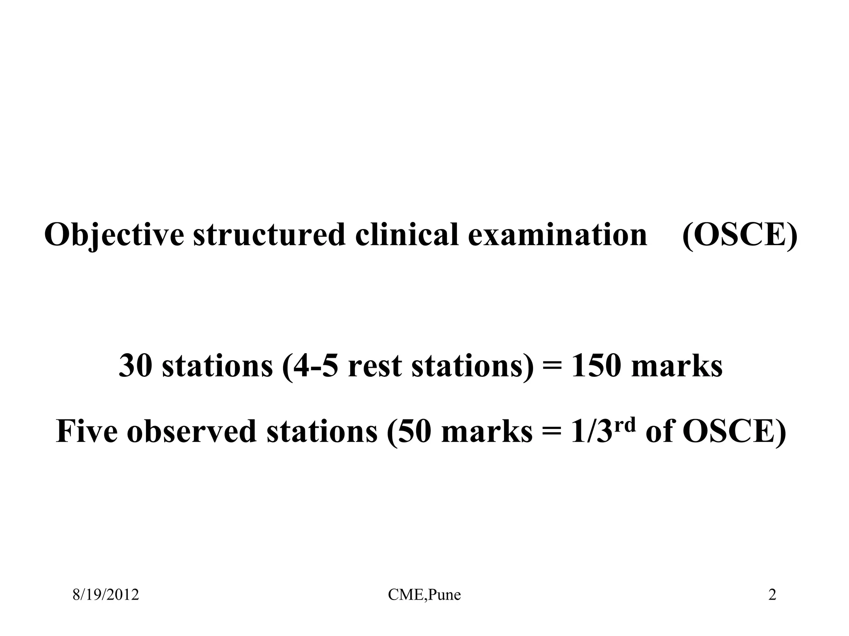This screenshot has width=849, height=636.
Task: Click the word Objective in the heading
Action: tap(114, 235)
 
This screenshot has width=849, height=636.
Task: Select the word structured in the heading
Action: tap(269, 235)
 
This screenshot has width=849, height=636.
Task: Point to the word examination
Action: tap(557, 235)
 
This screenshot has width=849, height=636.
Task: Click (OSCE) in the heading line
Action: tap(740, 235)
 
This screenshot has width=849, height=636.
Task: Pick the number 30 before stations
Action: tap(135, 366)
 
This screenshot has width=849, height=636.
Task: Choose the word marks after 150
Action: tap(677, 366)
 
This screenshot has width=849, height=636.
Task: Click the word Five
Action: tap(86, 431)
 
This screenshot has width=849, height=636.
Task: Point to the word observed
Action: tap(191, 431)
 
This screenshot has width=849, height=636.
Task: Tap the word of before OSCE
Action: tap(659, 431)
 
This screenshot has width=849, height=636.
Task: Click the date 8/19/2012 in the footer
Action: tap(106, 595)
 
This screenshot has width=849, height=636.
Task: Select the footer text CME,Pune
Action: tap(424, 595)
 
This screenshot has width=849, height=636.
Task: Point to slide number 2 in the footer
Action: tap(772, 595)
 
